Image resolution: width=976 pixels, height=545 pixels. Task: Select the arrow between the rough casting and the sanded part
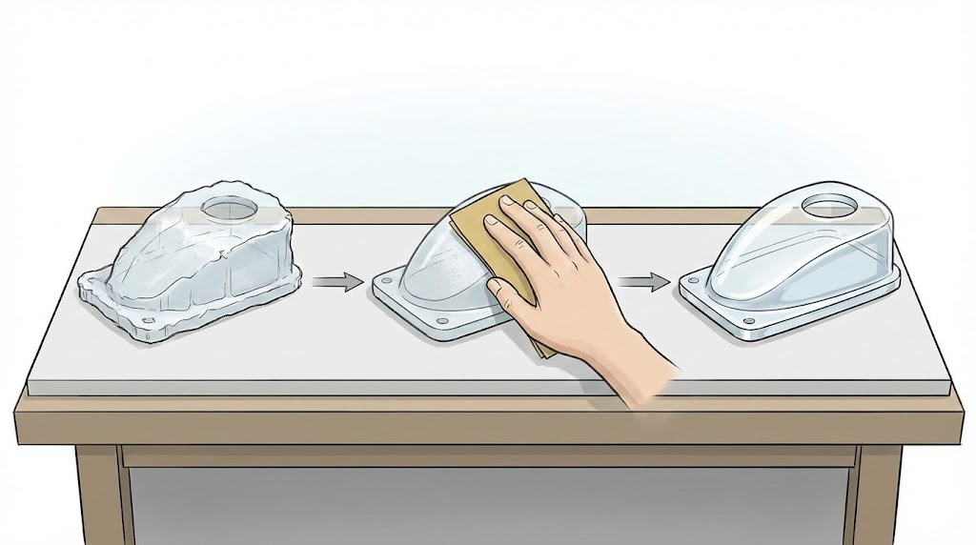tap(337, 282)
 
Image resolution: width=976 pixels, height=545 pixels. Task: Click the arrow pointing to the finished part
tap(643, 281)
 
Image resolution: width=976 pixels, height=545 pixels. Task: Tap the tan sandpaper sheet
tap(477, 238)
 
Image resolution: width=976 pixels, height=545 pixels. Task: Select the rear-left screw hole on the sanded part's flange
tap(385, 282)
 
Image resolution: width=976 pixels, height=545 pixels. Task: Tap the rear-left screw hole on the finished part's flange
tap(693, 280)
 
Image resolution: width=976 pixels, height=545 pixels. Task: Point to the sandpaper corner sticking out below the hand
tap(543, 350)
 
